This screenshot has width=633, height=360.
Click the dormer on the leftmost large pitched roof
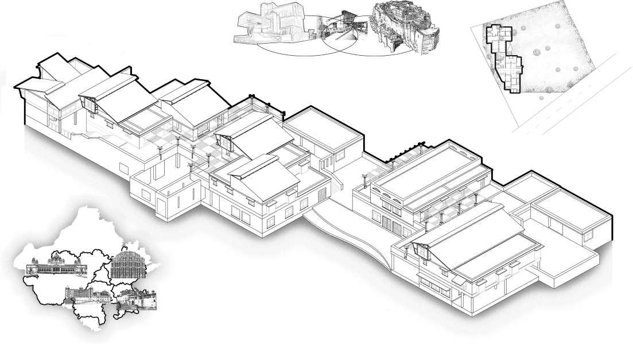[x=91, y=104]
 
